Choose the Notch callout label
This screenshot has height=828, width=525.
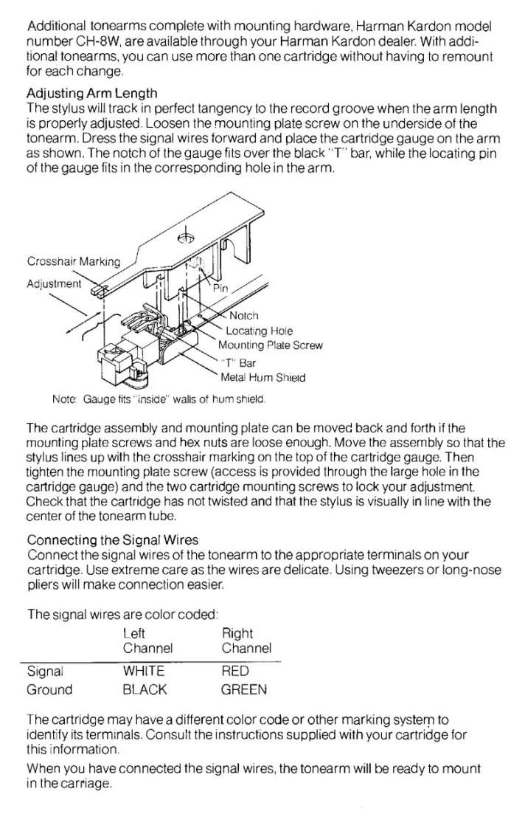coord(244,317)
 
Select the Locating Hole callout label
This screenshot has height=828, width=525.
coord(259,331)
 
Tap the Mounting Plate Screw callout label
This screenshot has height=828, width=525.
coord(270,345)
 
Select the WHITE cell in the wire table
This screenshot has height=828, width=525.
coord(144,672)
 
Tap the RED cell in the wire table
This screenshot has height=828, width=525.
coord(235,672)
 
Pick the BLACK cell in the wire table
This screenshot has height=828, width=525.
coord(145,690)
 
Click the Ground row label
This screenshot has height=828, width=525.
coord(49,690)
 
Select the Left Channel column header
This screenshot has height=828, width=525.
coord(147,641)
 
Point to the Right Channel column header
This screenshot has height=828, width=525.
coord(246,641)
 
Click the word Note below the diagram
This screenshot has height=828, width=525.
coord(63,400)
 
